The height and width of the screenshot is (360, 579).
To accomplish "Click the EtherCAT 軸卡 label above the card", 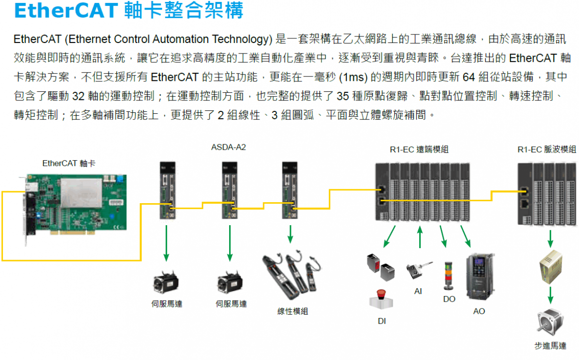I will tap(68, 163).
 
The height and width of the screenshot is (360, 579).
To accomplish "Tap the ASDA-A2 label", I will tap(229, 147).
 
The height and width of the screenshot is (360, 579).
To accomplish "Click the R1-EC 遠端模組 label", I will tap(419, 149).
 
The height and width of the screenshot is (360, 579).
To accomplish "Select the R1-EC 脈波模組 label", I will tap(547, 149).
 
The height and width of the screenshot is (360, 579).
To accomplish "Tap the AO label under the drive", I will tap(479, 311).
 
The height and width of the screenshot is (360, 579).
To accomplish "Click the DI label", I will tap(382, 321).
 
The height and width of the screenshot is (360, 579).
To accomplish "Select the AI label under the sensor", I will tap(418, 291).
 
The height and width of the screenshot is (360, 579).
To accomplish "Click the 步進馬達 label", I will tap(550, 346).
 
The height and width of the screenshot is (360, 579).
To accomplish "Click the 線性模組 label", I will tap(292, 311).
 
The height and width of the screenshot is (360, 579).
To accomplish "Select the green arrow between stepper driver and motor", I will tap(551, 295).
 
